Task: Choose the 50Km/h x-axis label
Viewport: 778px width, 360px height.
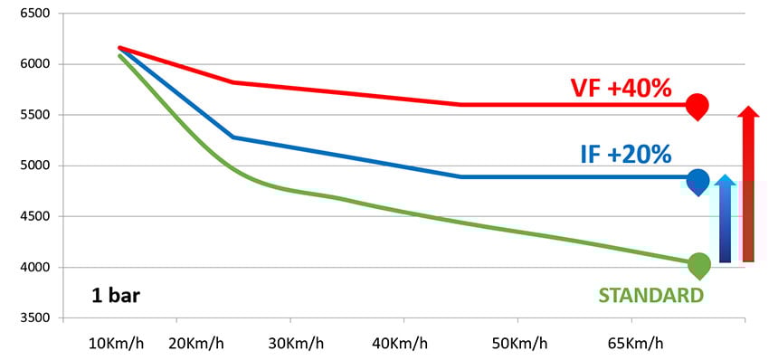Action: tap(517, 345)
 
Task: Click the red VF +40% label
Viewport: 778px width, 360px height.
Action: tap(621, 89)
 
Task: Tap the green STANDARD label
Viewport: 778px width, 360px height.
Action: tap(650, 295)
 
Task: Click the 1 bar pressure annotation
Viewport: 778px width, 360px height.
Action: tap(115, 295)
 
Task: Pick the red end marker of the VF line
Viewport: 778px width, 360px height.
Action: tap(697, 106)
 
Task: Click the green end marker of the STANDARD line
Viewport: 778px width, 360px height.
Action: tap(698, 266)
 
